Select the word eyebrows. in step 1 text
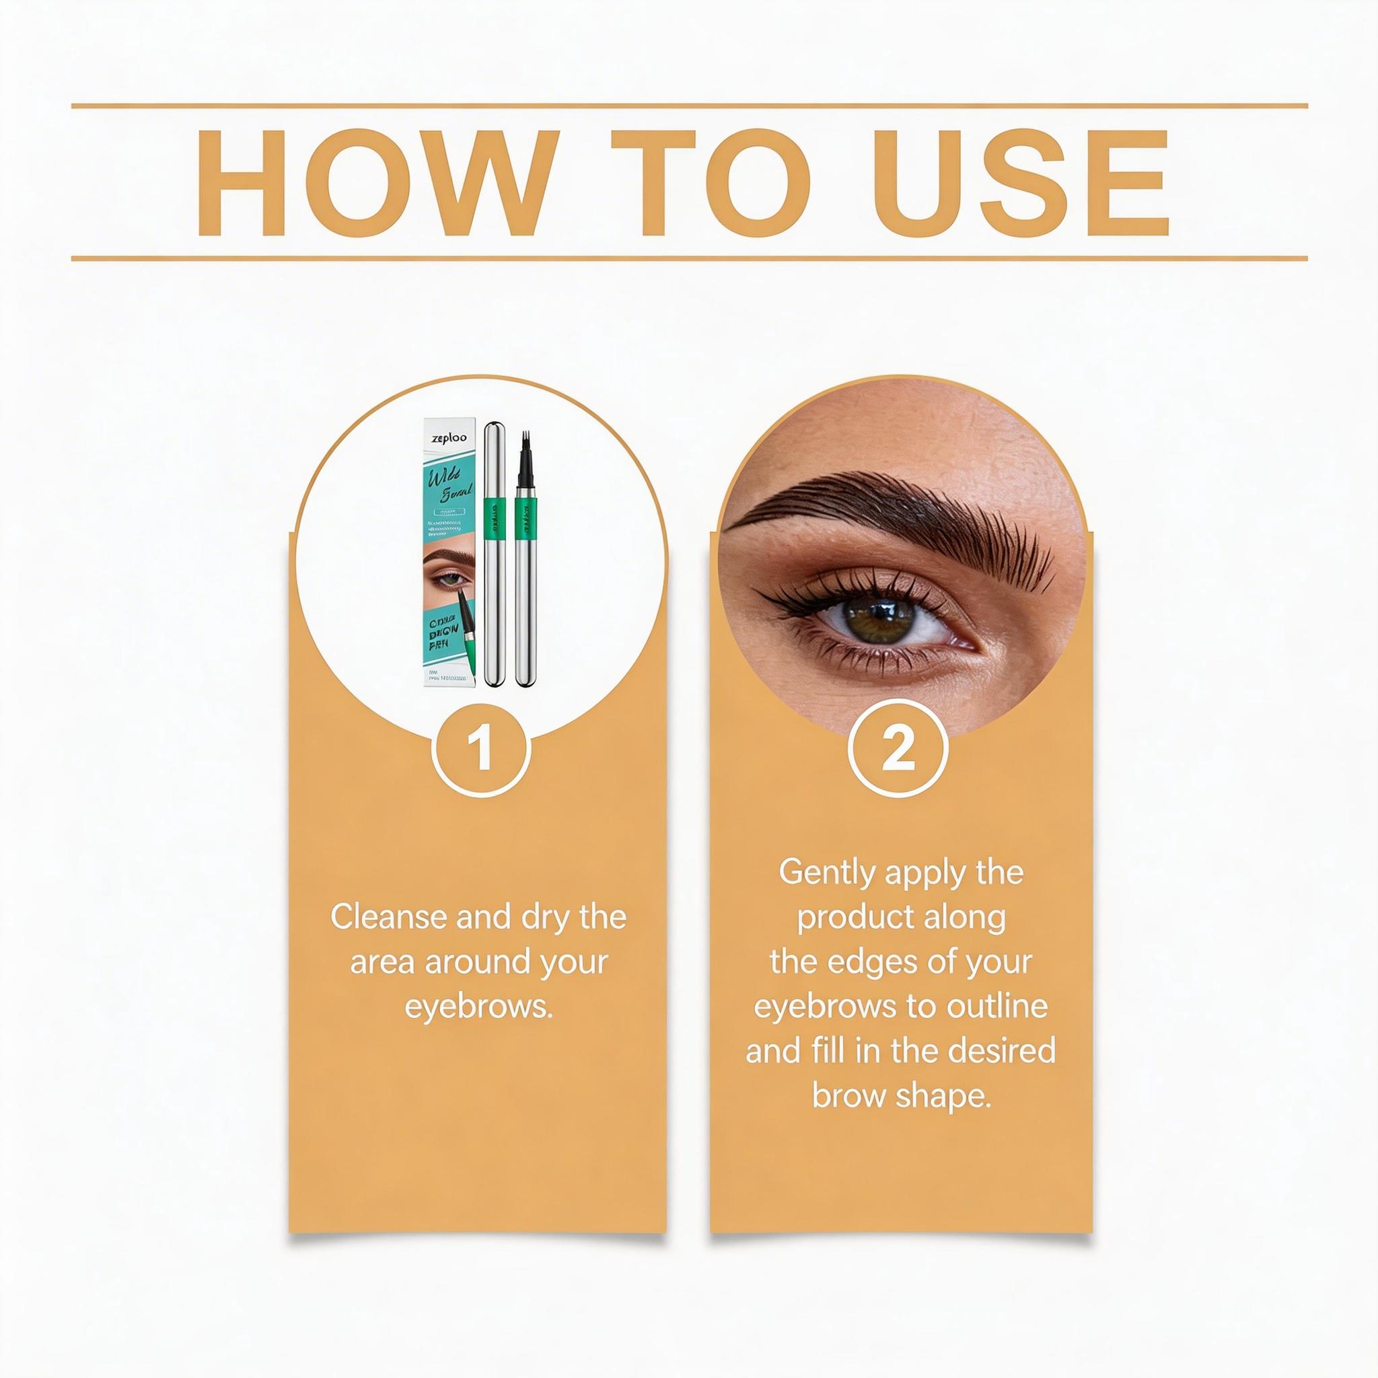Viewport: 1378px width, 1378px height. [x=478, y=1007]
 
